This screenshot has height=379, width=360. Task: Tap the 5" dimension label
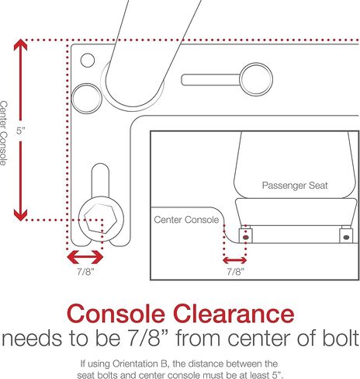click(x=21, y=130)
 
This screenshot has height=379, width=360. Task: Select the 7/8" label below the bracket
click(x=85, y=272)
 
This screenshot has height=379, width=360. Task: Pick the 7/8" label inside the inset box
click(x=235, y=272)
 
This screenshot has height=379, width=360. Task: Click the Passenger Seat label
click(x=295, y=186)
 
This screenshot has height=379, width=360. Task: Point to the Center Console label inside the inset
click(x=186, y=220)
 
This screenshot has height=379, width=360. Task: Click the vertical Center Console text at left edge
click(x=4, y=133)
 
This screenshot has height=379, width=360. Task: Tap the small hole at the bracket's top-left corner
click(x=88, y=60)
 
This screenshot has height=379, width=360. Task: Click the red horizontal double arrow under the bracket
click(x=85, y=257)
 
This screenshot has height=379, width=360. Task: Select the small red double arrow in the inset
click(x=235, y=260)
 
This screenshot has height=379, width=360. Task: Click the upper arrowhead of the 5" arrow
click(x=20, y=44)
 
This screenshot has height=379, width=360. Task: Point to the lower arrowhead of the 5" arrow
click(x=20, y=215)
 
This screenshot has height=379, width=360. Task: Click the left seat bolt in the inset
click(x=246, y=237)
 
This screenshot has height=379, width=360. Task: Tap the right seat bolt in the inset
click(x=346, y=237)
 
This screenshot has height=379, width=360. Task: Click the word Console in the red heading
click(x=116, y=314)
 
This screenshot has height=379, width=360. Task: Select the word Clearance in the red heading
click(x=234, y=314)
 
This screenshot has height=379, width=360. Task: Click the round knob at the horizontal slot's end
click(x=256, y=79)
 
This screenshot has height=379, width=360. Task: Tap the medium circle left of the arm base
click(x=87, y=99)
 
